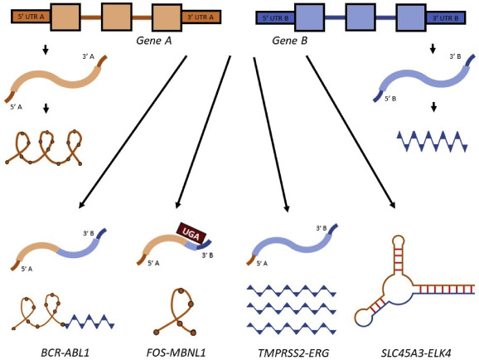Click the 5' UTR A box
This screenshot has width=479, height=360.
[31, 17]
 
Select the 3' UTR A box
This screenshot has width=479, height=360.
[201, 17]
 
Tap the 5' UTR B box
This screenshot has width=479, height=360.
[275, 18]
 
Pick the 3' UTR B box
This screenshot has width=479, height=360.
[445, 18]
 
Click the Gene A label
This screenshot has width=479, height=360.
[153, 41]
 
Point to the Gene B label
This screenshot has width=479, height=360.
[289, 41]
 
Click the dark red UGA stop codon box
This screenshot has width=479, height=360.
[191, 234]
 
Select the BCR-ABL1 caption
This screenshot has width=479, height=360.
[65, 353]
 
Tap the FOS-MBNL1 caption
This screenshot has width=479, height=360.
[176, 353]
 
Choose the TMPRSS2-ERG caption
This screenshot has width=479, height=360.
[293, 353]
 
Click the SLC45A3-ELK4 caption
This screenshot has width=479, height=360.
[416, 353]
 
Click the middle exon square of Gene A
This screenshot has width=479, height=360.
[117, 17]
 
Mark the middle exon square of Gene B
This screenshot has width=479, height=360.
[360, 17]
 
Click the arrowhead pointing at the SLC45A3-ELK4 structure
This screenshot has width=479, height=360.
[393, 204]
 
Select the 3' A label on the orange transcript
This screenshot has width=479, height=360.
[88, 56]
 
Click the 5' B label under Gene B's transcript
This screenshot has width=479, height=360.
[390, 99]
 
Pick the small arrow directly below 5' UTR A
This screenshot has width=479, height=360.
[46, 50]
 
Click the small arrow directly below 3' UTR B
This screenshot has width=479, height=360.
[433, 49]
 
